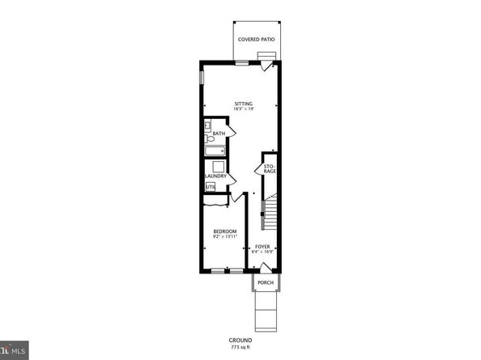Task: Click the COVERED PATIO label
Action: point(255,39)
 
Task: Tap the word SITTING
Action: point(244,104)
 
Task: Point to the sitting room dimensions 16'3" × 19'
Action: point(244,109)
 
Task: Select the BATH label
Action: point(219,133)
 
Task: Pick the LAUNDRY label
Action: point(215,176)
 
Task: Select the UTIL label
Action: point(210,187)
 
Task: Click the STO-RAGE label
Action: point(270,169)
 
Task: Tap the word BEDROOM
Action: point(224,231)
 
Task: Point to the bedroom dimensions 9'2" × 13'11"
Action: point(224,237)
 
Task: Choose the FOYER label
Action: point(262,246)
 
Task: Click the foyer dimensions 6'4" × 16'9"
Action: point(262,252)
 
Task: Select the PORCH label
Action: point(265,282)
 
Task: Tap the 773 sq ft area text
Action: point(240,349)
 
